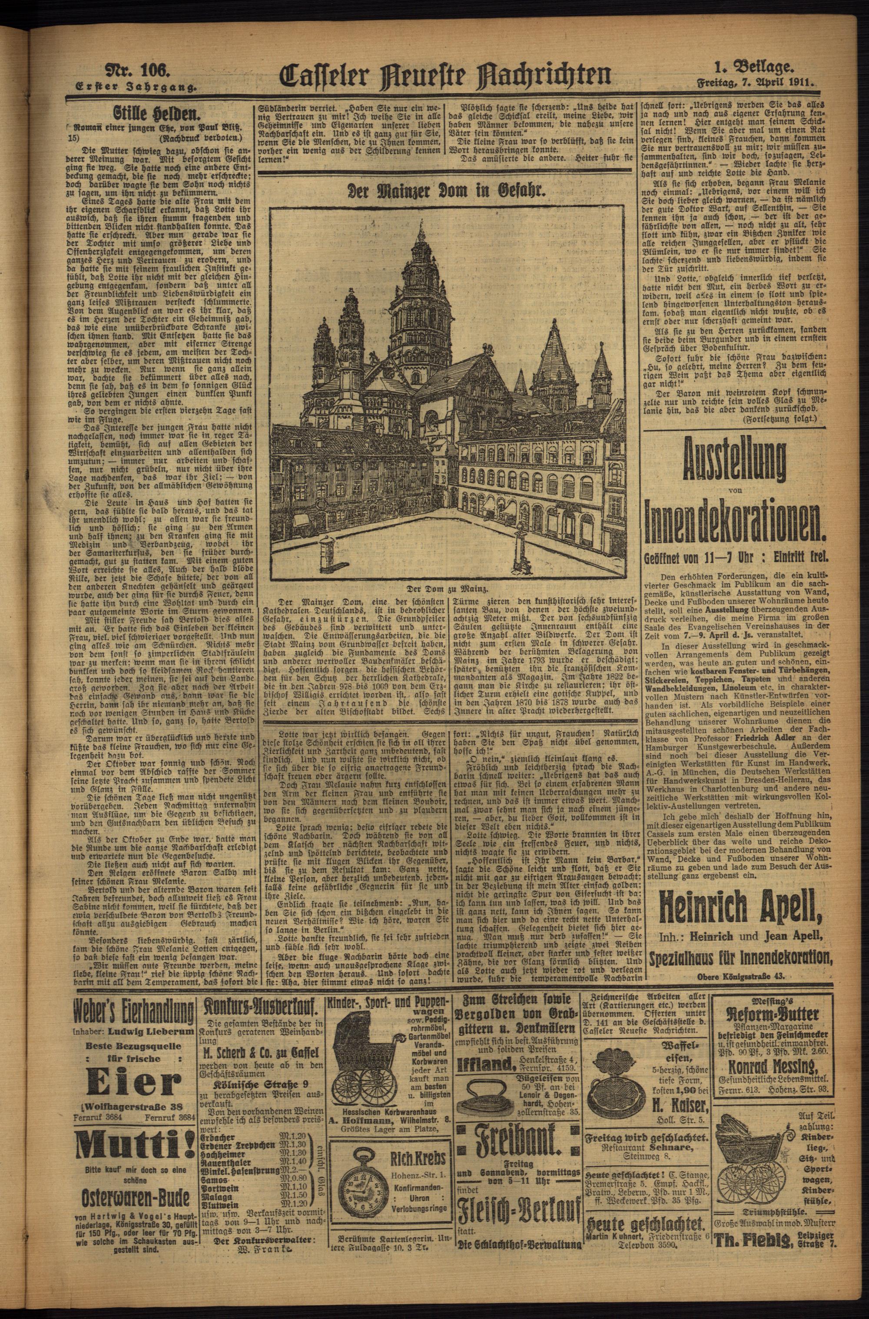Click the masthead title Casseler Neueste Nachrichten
447,76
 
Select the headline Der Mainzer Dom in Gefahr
447,191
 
